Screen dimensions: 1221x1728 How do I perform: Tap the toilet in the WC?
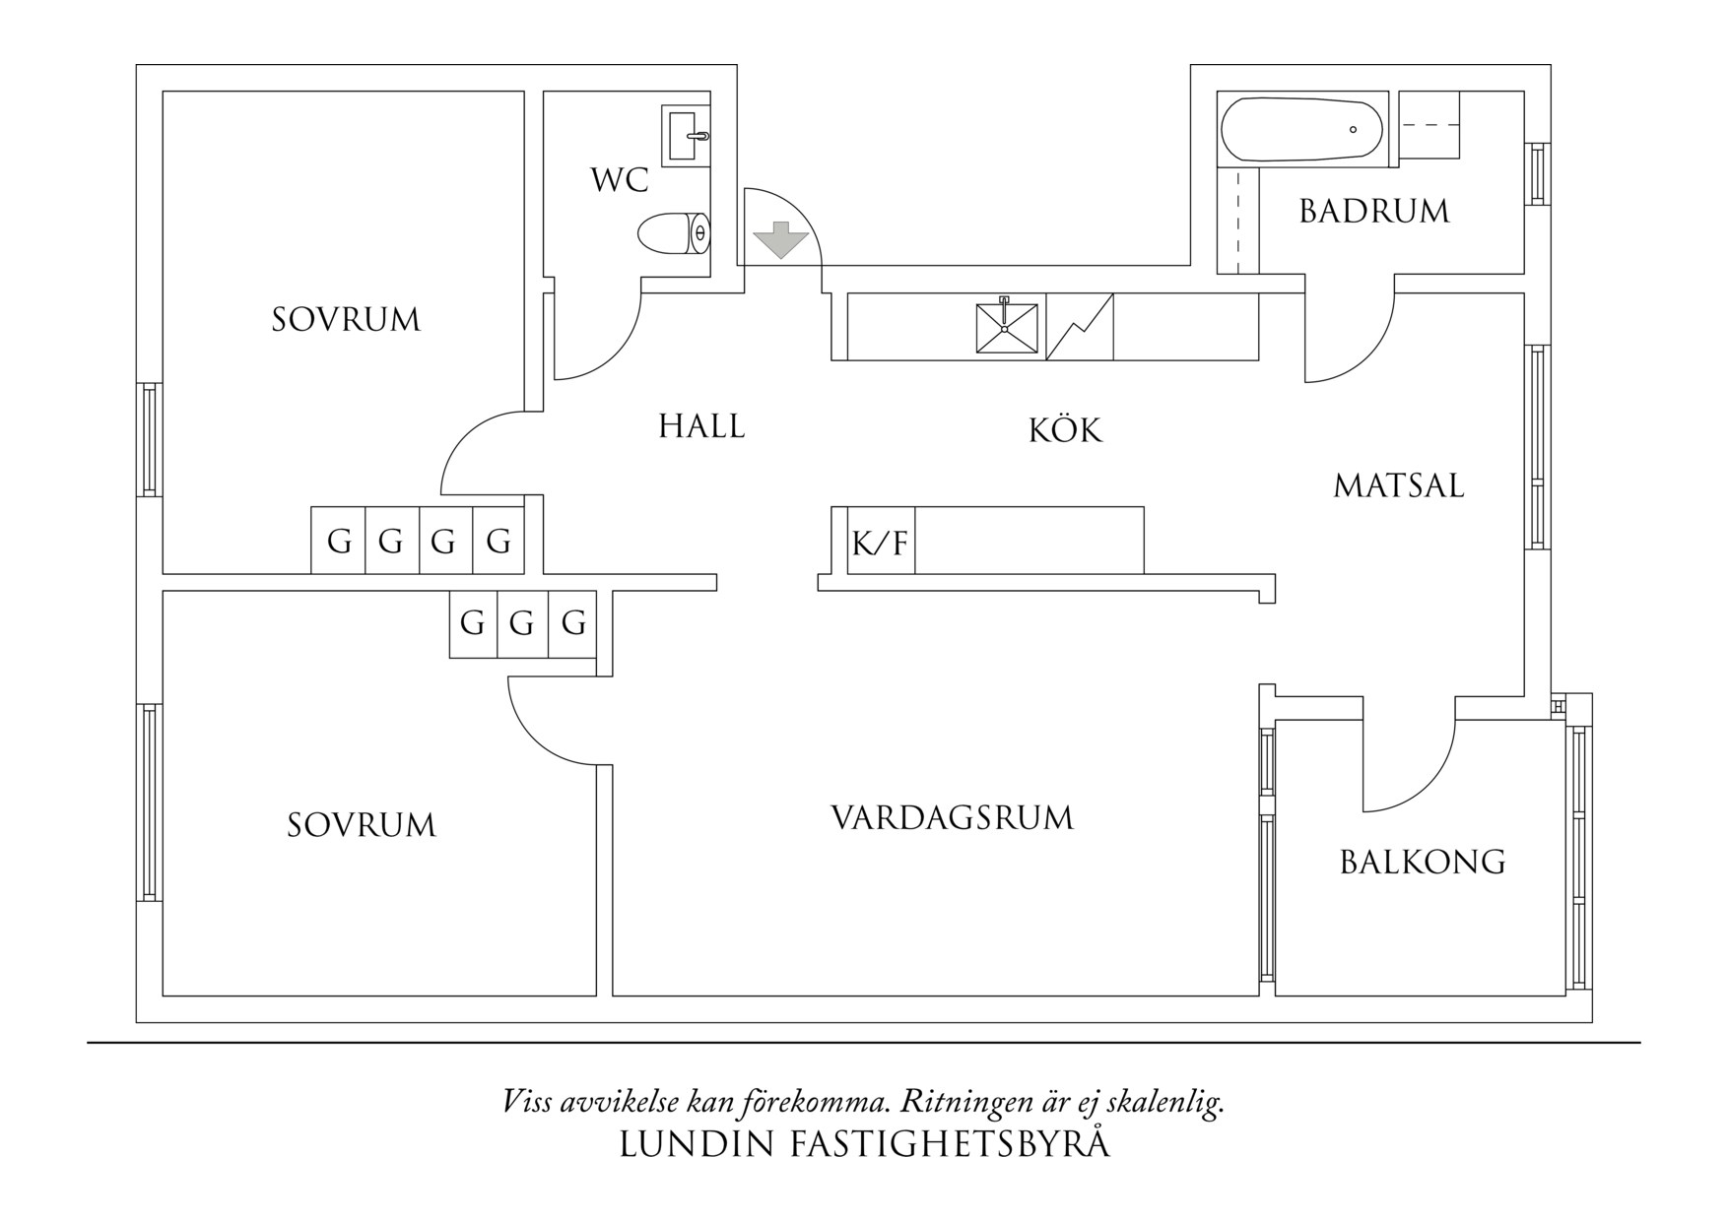(673, 233)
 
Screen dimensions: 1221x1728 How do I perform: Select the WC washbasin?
(686, 136)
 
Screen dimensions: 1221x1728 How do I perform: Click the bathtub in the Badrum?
(1301, 129)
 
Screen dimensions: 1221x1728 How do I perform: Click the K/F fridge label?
(880, 543)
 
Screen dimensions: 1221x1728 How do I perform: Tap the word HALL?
(701, 426)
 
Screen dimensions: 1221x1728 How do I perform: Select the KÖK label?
(1065, 430)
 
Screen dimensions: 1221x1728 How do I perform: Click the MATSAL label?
(1399, 485)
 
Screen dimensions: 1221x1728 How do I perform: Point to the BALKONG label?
(1423, 863)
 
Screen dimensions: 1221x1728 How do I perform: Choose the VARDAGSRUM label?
(952, 818)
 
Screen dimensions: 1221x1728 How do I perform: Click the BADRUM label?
(1374, 212)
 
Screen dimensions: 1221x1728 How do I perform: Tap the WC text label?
(620, 180)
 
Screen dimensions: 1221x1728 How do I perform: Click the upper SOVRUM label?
(346, 320)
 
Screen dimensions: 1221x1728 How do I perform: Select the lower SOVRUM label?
(362, 825)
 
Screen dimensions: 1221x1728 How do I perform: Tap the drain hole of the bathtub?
(1353, 130)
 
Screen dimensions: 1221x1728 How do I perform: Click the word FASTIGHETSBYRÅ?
(950, 1144)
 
